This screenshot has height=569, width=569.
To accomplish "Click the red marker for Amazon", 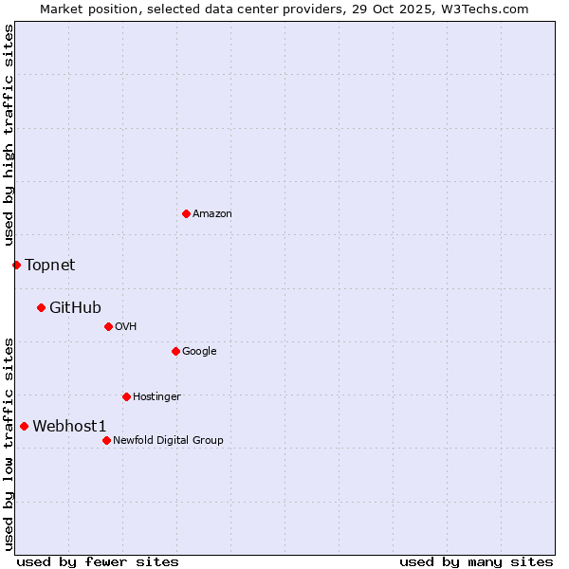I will click(x=186, y=213).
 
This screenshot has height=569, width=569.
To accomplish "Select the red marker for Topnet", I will click(x=16, y=265).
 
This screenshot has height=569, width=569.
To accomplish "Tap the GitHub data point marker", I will click(x=41, y=307).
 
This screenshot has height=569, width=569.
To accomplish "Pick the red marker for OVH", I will click(x=108, y=326).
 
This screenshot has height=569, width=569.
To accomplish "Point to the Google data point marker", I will click(x=175, y=351).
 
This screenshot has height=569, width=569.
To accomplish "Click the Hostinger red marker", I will click(x=126, y=396).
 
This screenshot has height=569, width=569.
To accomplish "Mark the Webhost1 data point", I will click(x=24, y=426).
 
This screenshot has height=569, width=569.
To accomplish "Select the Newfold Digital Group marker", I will click(x=106, y=440).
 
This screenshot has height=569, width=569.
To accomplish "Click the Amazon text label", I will click(x=212, y=214).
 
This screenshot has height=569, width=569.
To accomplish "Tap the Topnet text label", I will click(x=49, y=266).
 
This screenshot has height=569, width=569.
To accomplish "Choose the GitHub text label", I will click(x=75, y=307).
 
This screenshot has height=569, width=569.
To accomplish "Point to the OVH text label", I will click(x=126, y=327).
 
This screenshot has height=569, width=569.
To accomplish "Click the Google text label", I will click(x=199, y=352).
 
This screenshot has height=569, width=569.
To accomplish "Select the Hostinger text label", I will click(x=156, y=397).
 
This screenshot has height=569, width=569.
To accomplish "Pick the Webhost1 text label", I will click(x=69, y=427).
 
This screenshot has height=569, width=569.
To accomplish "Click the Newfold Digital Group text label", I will click(x=168, y=441).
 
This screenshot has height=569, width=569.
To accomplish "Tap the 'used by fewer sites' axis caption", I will click(x=98, y=561).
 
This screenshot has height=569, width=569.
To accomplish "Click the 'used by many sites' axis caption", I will click(x=476, y=561).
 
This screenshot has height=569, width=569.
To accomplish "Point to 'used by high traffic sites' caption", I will click(x=9, y=135).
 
